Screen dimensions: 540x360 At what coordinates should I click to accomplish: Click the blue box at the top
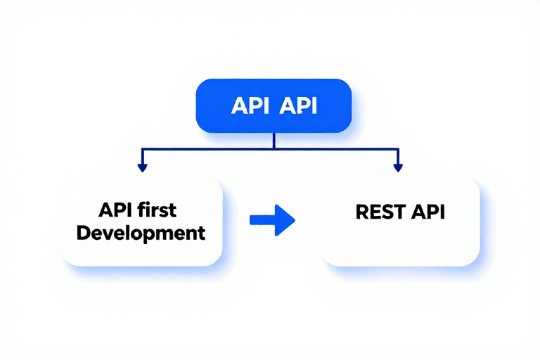274,105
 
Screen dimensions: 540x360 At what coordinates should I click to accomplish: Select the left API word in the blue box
250,105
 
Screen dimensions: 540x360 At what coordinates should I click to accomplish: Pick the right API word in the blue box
298,105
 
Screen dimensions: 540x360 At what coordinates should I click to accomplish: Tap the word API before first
115,210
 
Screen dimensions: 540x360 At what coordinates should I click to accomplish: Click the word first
157,210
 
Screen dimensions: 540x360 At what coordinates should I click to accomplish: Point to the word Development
141,233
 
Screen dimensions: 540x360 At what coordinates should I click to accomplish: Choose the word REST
380,212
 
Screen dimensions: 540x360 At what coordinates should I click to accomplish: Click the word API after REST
428,212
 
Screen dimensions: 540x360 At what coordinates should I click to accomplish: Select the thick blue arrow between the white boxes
272,220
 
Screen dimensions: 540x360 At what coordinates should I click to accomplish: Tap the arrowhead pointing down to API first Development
142,168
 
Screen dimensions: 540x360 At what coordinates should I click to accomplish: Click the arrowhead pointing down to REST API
398,168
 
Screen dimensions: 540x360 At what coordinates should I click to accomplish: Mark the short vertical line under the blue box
274,141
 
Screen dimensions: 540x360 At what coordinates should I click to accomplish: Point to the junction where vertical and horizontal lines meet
274,149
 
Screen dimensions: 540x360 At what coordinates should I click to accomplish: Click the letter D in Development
84,233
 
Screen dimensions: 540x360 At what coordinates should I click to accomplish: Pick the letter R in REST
362,212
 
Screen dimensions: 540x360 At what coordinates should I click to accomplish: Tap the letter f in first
141,210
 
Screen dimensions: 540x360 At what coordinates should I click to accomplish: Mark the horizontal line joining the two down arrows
270,149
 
